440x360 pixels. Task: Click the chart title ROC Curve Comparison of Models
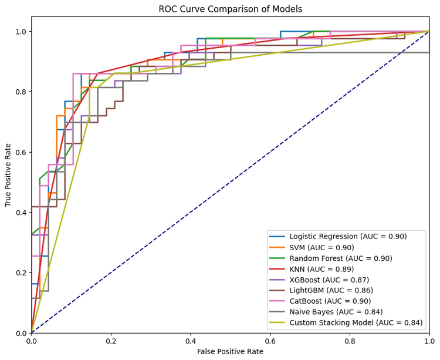[230, 9]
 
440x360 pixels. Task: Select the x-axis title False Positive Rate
[230, 351]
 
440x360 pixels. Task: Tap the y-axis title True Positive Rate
[8, 174]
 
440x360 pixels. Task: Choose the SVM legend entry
[323, 247]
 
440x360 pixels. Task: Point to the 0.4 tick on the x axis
[191, 340]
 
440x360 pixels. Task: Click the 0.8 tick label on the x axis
[350, 340]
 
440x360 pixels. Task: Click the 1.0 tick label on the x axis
[429, 340]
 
